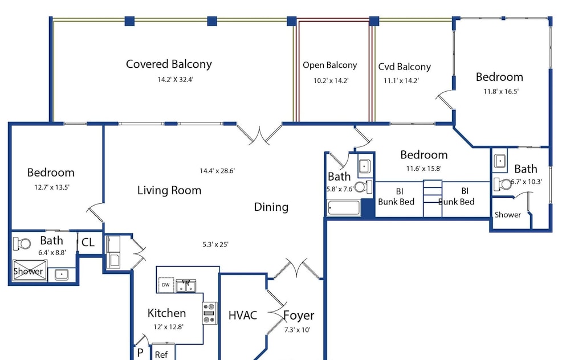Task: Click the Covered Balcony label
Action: [x=169, y=64]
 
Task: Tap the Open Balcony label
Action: [x=329, y=65]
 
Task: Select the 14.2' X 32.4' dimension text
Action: [x=175, y=80]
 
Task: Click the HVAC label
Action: [x=242, y=315]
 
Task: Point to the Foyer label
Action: [x=299, y=316]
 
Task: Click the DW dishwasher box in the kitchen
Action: [x=166, y=285]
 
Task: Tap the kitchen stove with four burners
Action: [x=210, y=313]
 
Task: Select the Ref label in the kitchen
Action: [x=161, y=354]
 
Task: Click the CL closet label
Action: [x=88, y=242]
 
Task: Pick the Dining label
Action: [x=271, y=207]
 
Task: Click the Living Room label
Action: [x=169, y=190]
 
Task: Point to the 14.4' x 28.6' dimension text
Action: [x=217, y=171]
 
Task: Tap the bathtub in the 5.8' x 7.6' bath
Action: [x=344, y=208]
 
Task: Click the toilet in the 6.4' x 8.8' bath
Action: [x=22, y=243]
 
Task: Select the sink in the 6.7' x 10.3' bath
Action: [x=500, y=161]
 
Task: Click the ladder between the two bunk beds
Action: [x=433, y=198]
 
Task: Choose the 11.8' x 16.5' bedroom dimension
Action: [x=500, y=92]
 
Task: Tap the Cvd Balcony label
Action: [x=404, y=67]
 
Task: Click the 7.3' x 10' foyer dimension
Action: [x=297, y=330]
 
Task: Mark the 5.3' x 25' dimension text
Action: [x=215, y=244]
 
